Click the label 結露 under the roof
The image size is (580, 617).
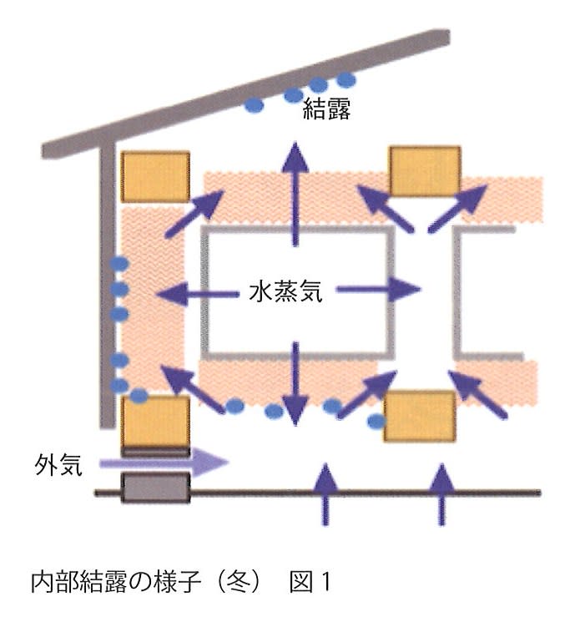[x=326, y=109]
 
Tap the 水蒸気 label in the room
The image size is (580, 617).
[x=286, y=291]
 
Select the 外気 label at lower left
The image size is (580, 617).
[x=58, y=465]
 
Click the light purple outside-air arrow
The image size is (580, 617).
[x=164, y=463]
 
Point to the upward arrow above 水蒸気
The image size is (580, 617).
[x=295, y=194]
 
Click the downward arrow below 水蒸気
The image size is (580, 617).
[x=295, y=384]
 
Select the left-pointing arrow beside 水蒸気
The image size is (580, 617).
[x=198, y=294]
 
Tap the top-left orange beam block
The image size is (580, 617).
[x=156, y=177]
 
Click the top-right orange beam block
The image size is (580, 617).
[x=425, y=171]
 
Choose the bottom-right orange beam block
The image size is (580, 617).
[x=420, y=417]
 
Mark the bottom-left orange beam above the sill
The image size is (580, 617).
[x=155, y=422]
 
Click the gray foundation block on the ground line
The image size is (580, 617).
[x=155, y=488]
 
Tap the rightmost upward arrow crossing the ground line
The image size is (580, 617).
[x=442, y=494]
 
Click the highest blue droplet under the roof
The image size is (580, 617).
[x=346, y=80]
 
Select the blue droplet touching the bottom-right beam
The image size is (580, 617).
[x=376, y=422]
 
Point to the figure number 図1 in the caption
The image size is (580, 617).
[x=310, y=582]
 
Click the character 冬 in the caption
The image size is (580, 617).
[x=239, y=582]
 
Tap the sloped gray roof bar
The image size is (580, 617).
[x=246, y=94]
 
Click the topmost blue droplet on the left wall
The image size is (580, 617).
[x=119, y=264]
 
